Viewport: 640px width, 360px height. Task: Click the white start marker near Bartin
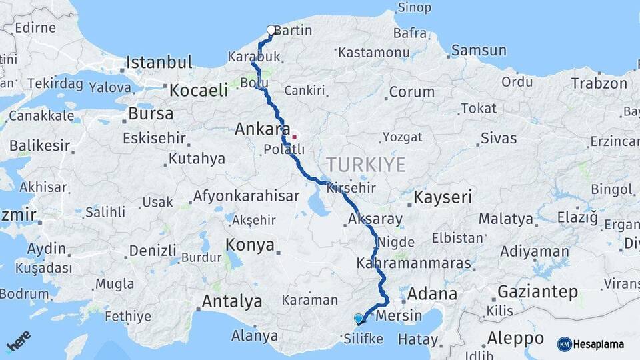(271, 30)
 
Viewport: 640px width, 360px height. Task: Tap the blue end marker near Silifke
(359, 319)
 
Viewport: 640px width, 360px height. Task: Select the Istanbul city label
(159, 63)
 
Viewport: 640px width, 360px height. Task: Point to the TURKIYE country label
(366, 164)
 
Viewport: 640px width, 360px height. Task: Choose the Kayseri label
(443, 197)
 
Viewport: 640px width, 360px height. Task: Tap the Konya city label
(250, 245)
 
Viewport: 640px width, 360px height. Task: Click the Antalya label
(232, 301)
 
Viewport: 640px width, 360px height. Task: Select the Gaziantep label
(537, 292)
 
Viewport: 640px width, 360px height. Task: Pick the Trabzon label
(599, 83)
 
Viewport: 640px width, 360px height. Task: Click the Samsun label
(474, 50)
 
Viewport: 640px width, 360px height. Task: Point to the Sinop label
(414, 8)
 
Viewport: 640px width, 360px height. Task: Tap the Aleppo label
(516, 337)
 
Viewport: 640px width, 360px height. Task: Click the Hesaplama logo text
(599, 344)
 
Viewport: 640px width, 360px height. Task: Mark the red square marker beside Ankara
(294, 137)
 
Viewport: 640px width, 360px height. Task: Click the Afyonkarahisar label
(245, 197)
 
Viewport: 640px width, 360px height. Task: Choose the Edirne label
(35, 28)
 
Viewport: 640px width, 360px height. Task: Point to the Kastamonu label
(373, 52)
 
